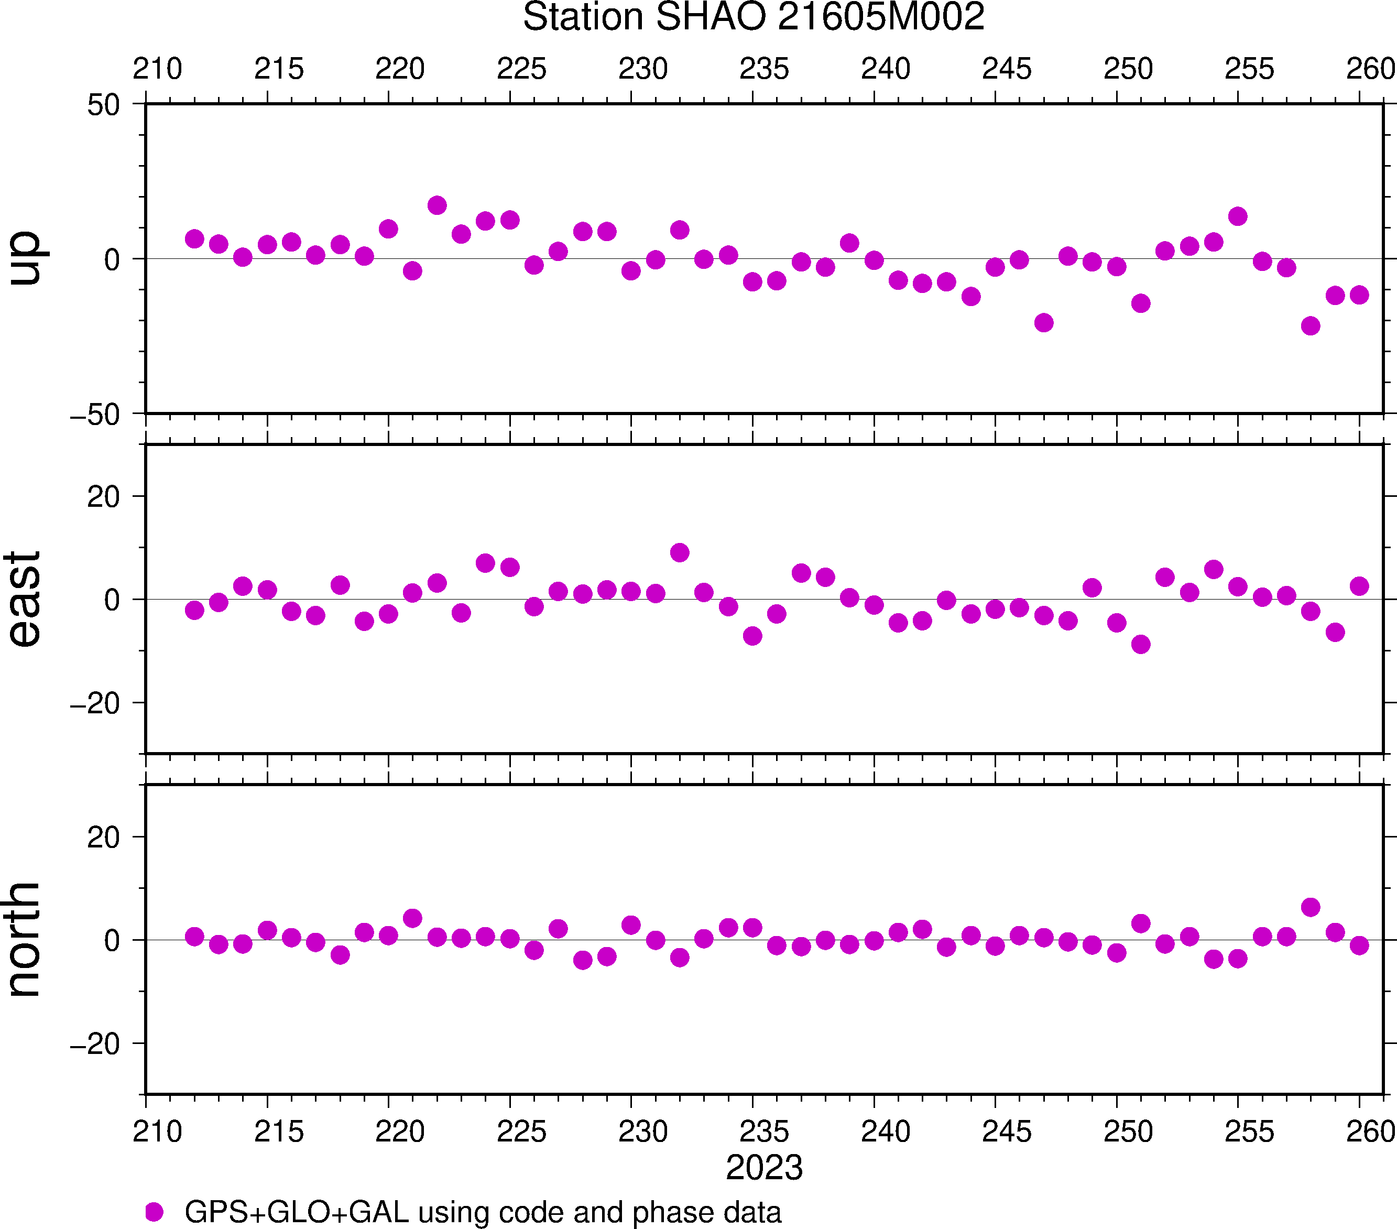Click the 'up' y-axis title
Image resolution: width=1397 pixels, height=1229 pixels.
tap(25, 258)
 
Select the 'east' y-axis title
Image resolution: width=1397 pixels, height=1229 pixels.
tap(25, 599)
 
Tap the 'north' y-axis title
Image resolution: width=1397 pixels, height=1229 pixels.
tap(25, 939)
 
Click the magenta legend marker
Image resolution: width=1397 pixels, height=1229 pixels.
tap(155, 1212)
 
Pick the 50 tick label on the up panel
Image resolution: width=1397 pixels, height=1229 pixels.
tap(103, 106)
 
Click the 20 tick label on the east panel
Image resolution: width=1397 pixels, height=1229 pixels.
tap(103, 497)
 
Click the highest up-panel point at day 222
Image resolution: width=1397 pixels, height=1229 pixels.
tap(436, 205)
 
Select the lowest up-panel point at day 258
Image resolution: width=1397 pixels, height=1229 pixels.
tap(1310, 325)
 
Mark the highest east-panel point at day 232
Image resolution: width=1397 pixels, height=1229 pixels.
tap(679, 552)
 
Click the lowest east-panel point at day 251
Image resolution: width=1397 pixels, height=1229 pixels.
tap(1140, 644)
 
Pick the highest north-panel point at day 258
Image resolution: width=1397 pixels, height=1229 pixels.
tap(1310, 907)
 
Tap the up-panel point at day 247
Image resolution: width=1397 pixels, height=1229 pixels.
tap(1043, 323)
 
